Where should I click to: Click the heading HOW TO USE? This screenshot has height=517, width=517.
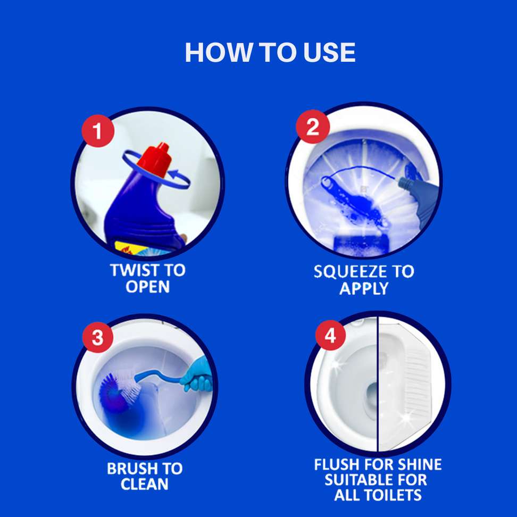click(270, 53)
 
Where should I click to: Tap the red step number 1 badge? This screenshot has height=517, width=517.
click(98, 132)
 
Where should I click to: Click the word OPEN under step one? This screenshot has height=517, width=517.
click(147, 287)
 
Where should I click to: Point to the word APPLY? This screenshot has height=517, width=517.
click(363, 289)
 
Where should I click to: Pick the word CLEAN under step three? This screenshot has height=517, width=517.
click(144, 485)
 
